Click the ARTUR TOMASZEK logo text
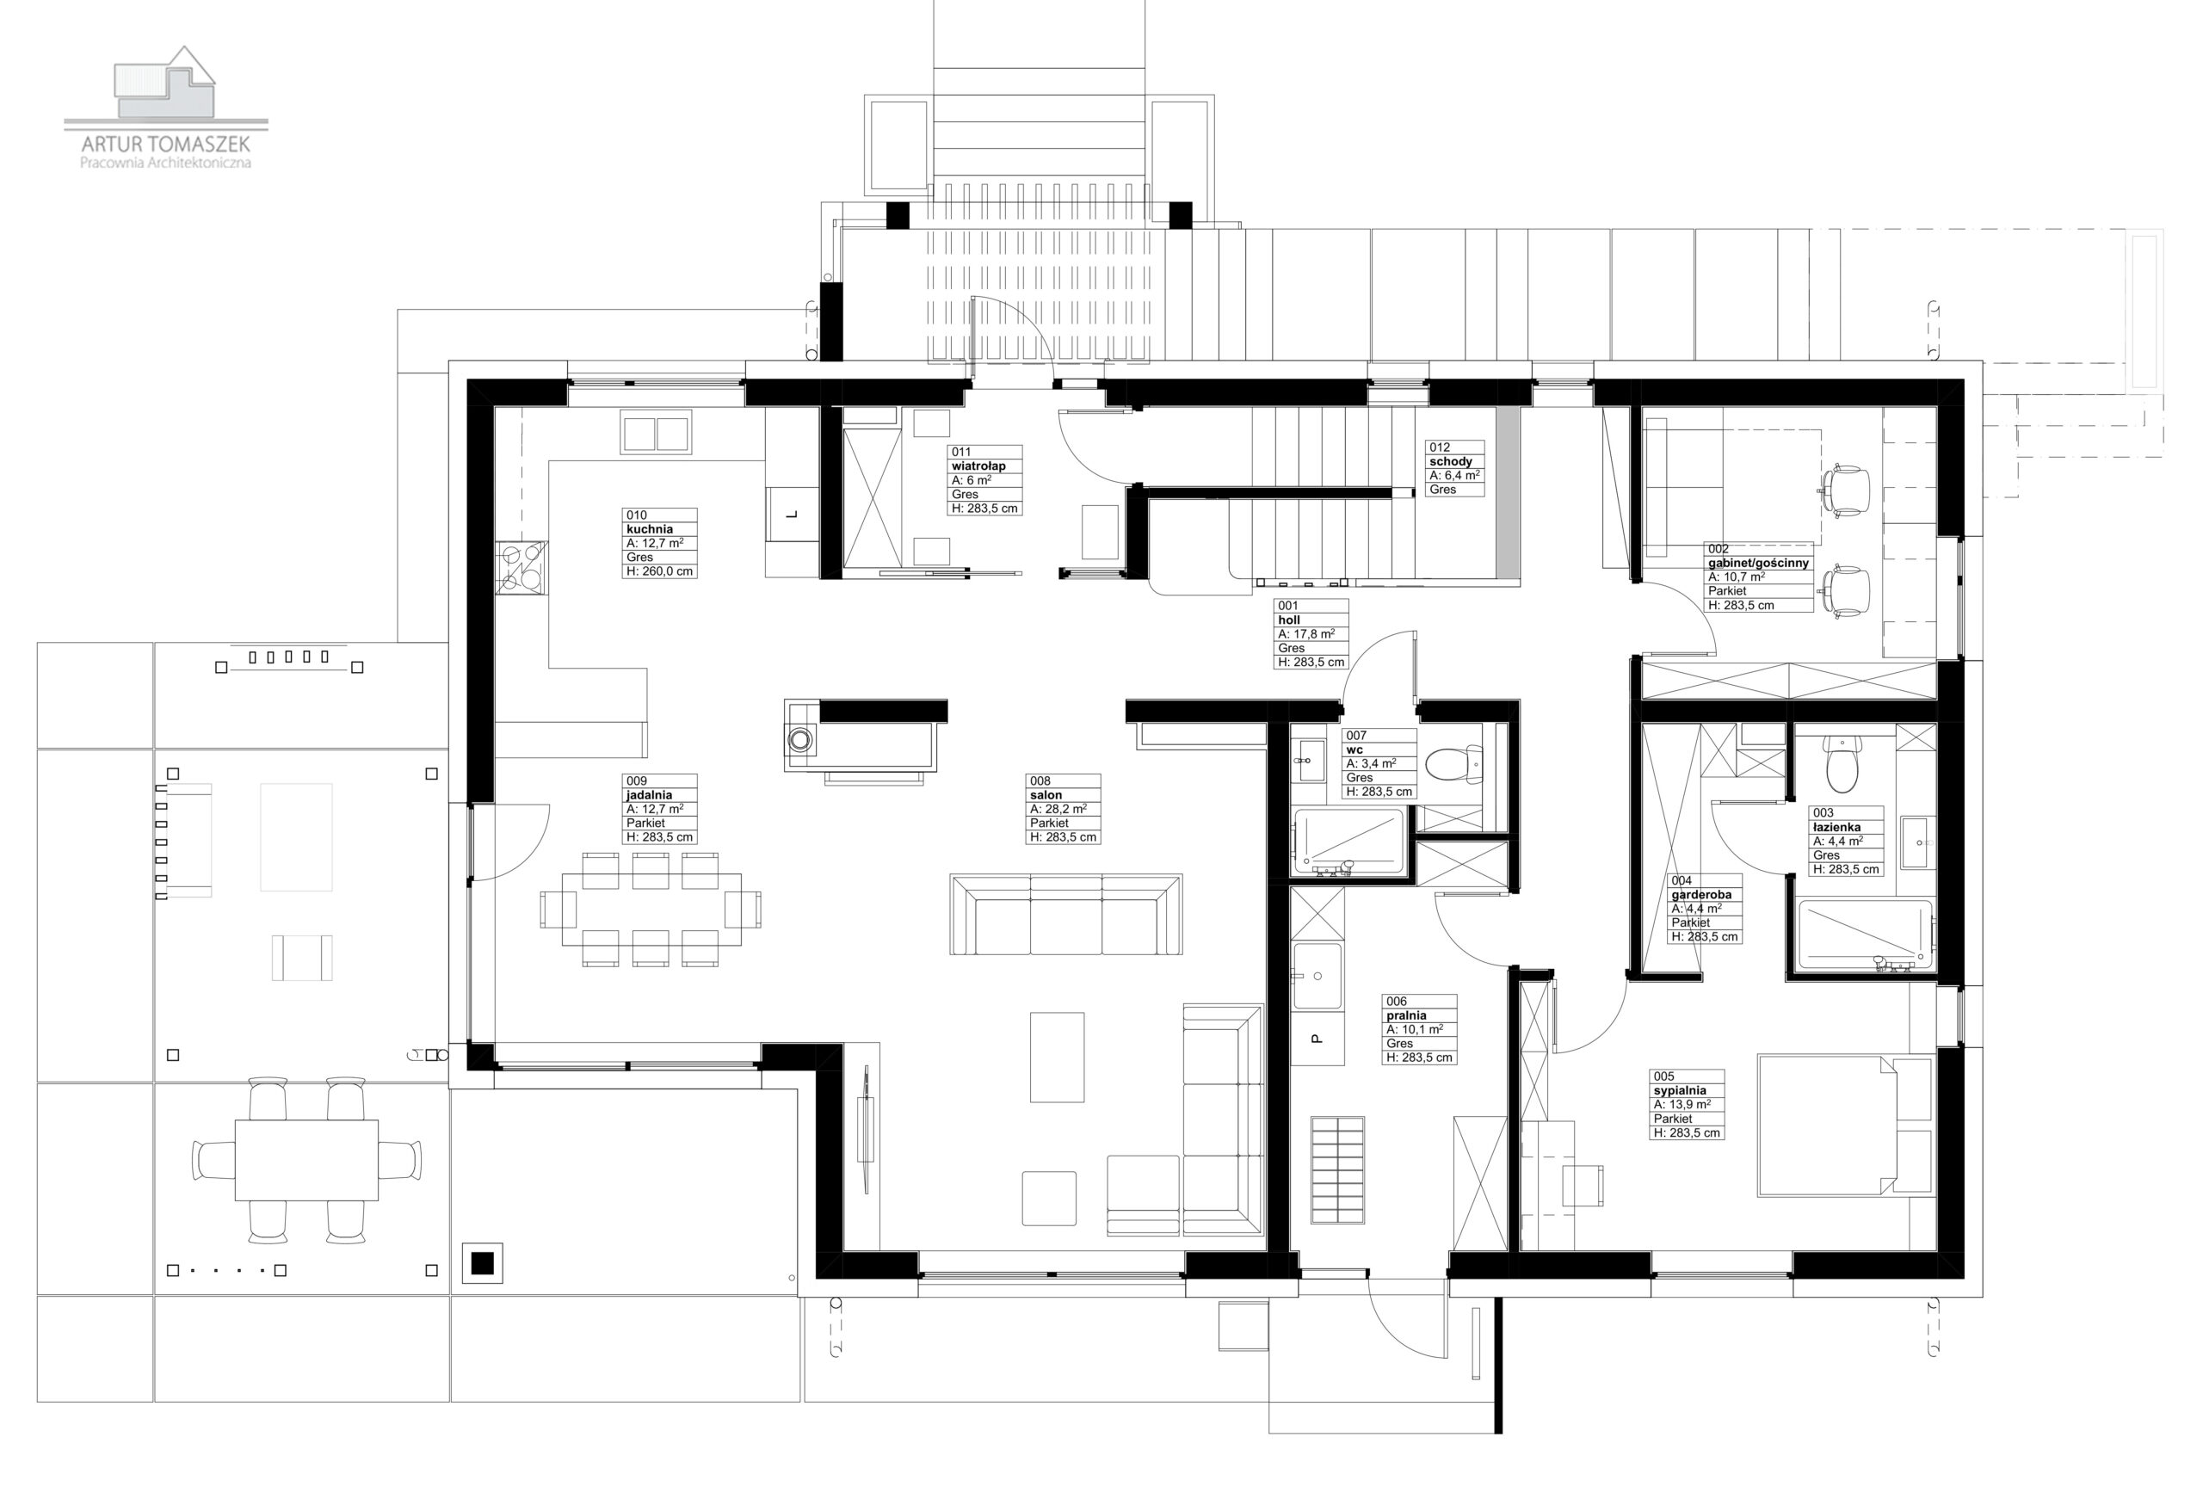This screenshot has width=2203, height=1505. pyautogui.click(x=166, y=144)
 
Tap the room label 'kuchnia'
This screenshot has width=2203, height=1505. pyautogui.click(x=650, y=529)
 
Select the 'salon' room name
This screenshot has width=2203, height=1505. pyautogui.click(x=1046, y=795)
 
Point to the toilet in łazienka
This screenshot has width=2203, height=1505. pyautogui.click(x=1838, y=765)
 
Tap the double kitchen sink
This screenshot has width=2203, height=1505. pyautogui.click(x=656, y=432)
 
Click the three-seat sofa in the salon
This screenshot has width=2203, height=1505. pyautogui.click(x=1065, y=914)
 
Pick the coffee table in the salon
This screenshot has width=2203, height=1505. pyautogui.click(x=1057, y=1057)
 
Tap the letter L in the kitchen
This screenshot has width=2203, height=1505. pyautogui.click(x=793, y=515)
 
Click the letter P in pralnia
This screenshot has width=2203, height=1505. pyautogui.click(x=1316, y=1039)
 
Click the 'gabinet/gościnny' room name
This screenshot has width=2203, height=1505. pyautogui.click(x=1758, y=563)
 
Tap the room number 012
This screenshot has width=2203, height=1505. pyautogui.click(x=1439, y=447)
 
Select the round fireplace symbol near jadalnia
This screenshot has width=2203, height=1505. pyautogui.click(x=801, y=739)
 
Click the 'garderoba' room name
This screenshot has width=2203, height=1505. pyautogui.click(x=1701, y=895)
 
